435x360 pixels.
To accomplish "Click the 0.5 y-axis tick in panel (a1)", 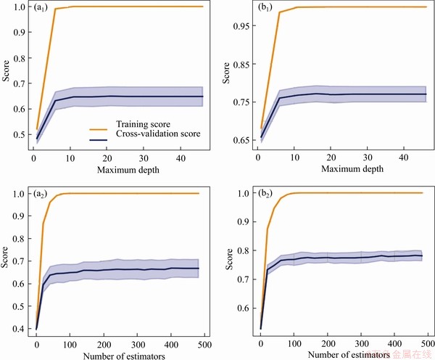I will click(x=18, y=134).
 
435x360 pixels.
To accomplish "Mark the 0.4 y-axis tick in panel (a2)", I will click(x=18, y=329).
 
